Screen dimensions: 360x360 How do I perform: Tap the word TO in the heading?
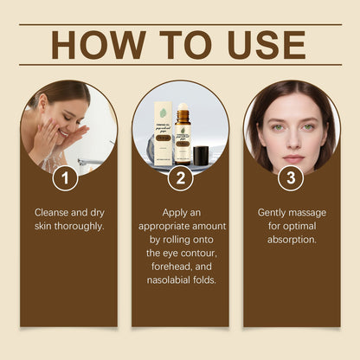(177, 45)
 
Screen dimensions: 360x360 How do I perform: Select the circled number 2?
(180, 179)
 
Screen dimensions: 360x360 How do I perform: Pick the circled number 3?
(292, 179)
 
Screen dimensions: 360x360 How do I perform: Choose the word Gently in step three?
(275, 211)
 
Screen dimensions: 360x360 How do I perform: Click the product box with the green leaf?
(164, 134)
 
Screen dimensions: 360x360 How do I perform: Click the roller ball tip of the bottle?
(183, 109)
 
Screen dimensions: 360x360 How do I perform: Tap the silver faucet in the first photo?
(88, 161)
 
